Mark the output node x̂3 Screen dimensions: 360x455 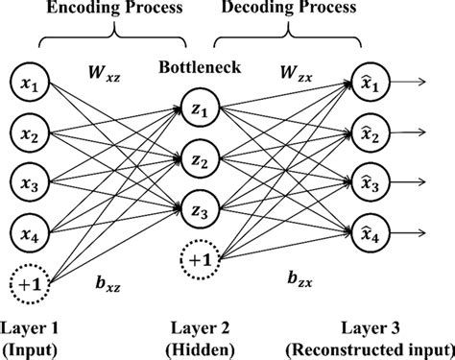[371, 181]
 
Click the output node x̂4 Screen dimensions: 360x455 [371, 231]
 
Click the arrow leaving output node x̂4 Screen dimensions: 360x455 [414, 231]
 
